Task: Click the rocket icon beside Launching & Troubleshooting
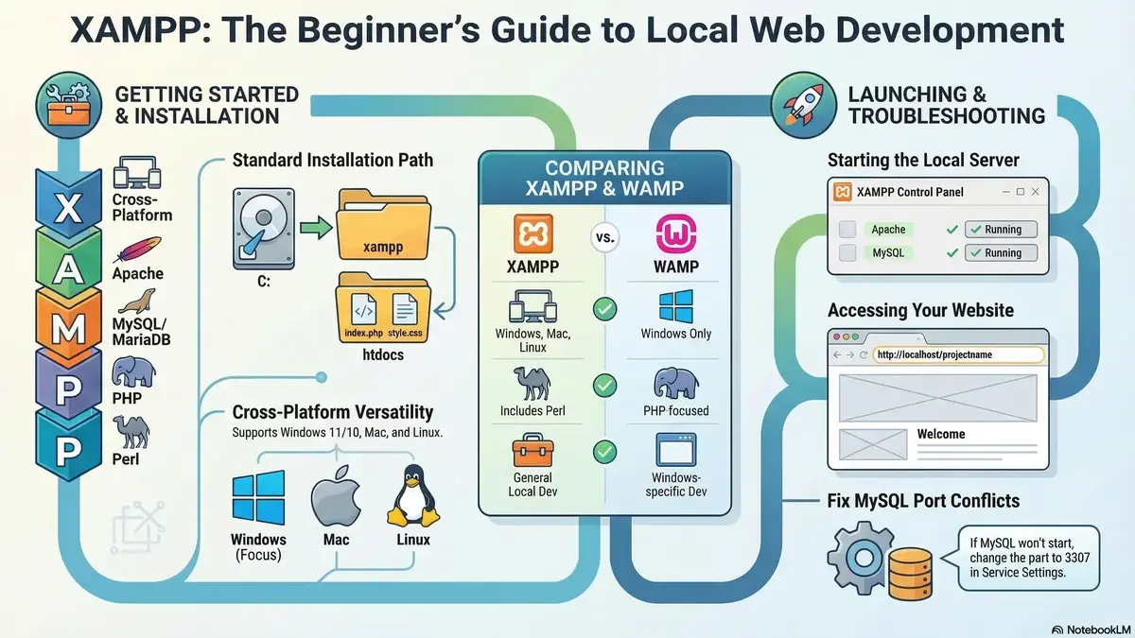pos(804,105)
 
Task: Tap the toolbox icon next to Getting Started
pos(69,106)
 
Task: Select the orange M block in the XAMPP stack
pos(68,327)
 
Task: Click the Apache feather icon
pos(137,250)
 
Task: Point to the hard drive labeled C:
pos(264,229)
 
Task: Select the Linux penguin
pos(413,496)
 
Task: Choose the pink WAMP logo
pos(676,233)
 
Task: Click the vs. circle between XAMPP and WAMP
pos(604,237)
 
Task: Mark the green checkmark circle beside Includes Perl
pos(604,386)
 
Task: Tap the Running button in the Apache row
pos(1001,230)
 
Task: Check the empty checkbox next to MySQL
pos(847,252)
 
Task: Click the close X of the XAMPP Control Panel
pos(1035,191)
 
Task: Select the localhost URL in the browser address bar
pos(934,354)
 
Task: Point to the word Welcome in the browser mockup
pos(941,434)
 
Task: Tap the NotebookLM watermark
pos(1093,629)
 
